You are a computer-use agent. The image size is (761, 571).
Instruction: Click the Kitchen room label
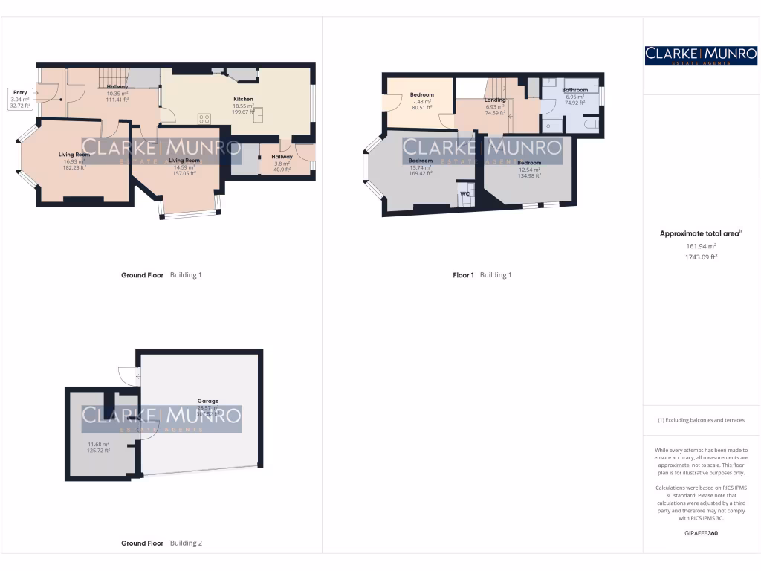click(243, 99)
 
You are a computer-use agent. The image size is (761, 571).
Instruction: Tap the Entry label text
click(20, 92)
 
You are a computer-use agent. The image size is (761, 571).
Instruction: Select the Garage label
click(207, 401)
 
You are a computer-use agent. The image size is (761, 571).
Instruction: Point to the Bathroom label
click(574, 90)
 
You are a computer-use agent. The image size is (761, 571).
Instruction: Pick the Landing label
click(495, 100)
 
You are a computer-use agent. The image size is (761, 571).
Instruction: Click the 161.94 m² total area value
click(701, 246)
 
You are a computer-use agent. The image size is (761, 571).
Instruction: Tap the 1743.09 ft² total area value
click(701, 257)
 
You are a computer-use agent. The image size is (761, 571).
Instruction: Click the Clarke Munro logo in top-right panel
click(701, 55)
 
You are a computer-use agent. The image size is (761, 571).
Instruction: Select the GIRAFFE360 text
click(701, 533)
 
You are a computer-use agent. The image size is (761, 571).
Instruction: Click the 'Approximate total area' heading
click(699, 233)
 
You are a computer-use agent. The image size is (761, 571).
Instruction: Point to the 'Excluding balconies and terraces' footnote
click(701, 420)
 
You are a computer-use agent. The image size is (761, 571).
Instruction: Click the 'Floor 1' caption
click(463, 275)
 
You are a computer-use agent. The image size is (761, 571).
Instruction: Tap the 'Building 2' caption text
click(186, 543)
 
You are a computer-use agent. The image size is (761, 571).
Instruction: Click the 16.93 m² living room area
click(74, 161)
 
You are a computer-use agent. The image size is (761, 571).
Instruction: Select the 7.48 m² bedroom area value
click(421, 102)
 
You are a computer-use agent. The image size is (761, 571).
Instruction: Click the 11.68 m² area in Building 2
click(98, 445)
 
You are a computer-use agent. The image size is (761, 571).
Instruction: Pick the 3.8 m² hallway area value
click(282, 164)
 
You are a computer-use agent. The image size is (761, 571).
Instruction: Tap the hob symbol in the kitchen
click(204, 119)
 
